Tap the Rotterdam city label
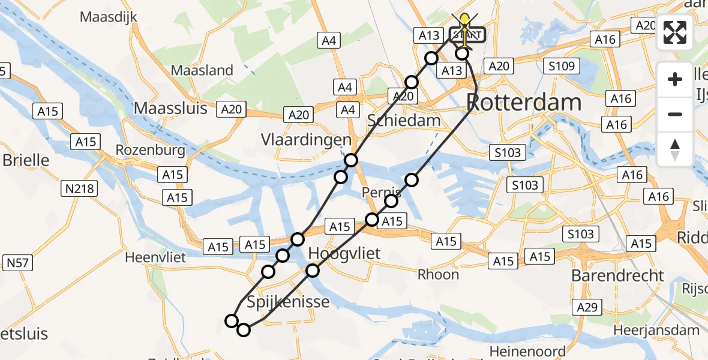click(524, 103)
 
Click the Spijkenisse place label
click(289, 301)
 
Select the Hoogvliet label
click(344, 254)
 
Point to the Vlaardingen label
click(306, 140)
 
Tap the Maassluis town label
click(170, 108)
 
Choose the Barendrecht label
click(618, 276)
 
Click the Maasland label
click(202, 70)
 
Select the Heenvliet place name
click(156, 257)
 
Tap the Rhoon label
click(439, 275)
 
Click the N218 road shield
click(80, 190)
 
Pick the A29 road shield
click(587, 308)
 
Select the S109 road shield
click(560, 67)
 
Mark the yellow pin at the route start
click(464, 24)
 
